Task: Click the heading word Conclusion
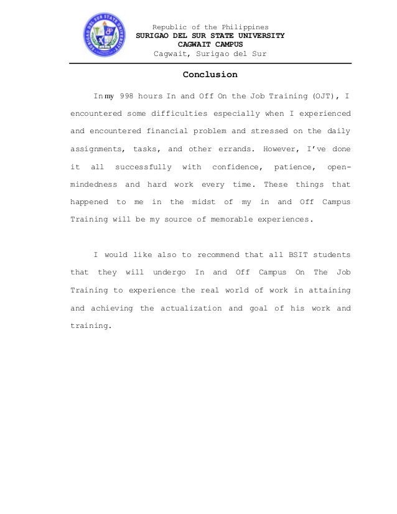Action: [210, 75]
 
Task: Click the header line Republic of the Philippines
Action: [210, 27]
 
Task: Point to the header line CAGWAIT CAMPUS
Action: [210, 45]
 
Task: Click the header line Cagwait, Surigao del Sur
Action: [210, 54]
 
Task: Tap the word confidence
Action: [237, 167]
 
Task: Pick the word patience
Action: [292, 167]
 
